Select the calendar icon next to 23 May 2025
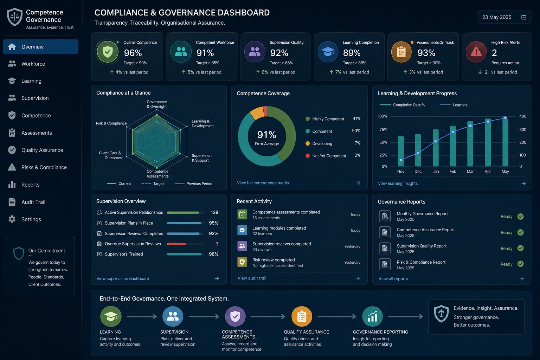[x=523, y=17]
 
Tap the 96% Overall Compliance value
[x=133, y=53]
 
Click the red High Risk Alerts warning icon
[x=476, y=52]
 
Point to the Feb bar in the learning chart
[x=453, y=146]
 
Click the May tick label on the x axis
[x=505, y=172]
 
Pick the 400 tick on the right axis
[x=523, y=116]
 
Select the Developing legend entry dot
[x=308, y=143]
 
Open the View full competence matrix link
[x=263, y=183]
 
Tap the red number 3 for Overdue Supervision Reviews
[x=217, y=244]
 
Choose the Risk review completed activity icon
[x=242, y=262]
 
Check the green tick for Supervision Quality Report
[x=520, y=248]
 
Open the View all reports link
[x=393, y=279]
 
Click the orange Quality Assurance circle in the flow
[x=302, y=316]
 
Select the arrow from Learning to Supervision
[x=142, y=316]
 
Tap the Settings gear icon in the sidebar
[x=12, y=219]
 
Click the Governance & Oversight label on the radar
[x=157, y=104]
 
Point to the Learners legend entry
[x=454, y=105]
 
